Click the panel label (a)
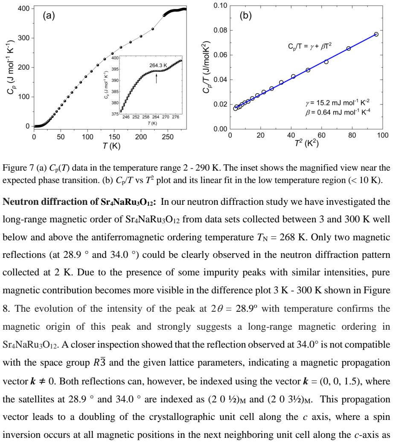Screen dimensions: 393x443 tap(49, 15)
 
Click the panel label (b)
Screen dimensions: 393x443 tap(245, 15)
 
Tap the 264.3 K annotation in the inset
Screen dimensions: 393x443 tap(158, 65)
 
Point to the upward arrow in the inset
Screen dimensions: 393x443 tap(157, 77)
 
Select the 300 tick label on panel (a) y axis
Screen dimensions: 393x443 tap(23, 38)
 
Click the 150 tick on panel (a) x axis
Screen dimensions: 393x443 tap(114, 137)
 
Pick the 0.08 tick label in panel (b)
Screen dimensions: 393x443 tap(220, 30)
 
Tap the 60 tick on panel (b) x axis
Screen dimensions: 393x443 tap(321, 135)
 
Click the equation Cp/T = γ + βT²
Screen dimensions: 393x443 tap(309, 46)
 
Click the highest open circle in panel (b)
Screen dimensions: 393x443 tap(376, 34)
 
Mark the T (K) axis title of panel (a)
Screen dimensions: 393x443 tap(111, 146)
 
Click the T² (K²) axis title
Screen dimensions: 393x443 tap(306, 143)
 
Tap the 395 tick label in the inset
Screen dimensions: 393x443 tap(115, 69)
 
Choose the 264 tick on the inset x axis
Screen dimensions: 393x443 tap(156, 117)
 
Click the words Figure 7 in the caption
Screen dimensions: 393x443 tap(18, 168)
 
